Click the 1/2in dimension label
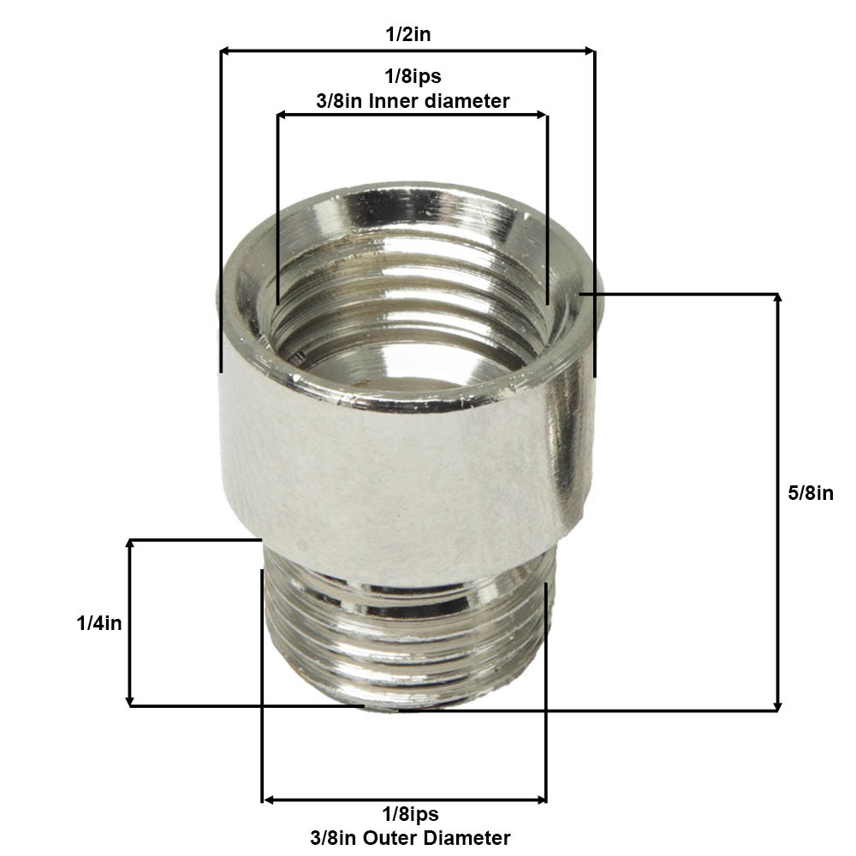pyautogui.click(x=408, y=36)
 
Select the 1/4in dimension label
pyautogui.click(x=99, y=623)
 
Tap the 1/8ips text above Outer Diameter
pyautogui.click(x=410, y=814)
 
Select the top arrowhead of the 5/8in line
pyautogui.click(x=777, y=300)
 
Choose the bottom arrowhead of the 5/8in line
pyautogui.click(x=777, y=705)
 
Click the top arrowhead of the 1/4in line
pyautogui.click(x=129, y=544)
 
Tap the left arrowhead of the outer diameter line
pyautogui.click(x=267, y=800)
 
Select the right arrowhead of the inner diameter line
pyautogui.click(x=543, y=114)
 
